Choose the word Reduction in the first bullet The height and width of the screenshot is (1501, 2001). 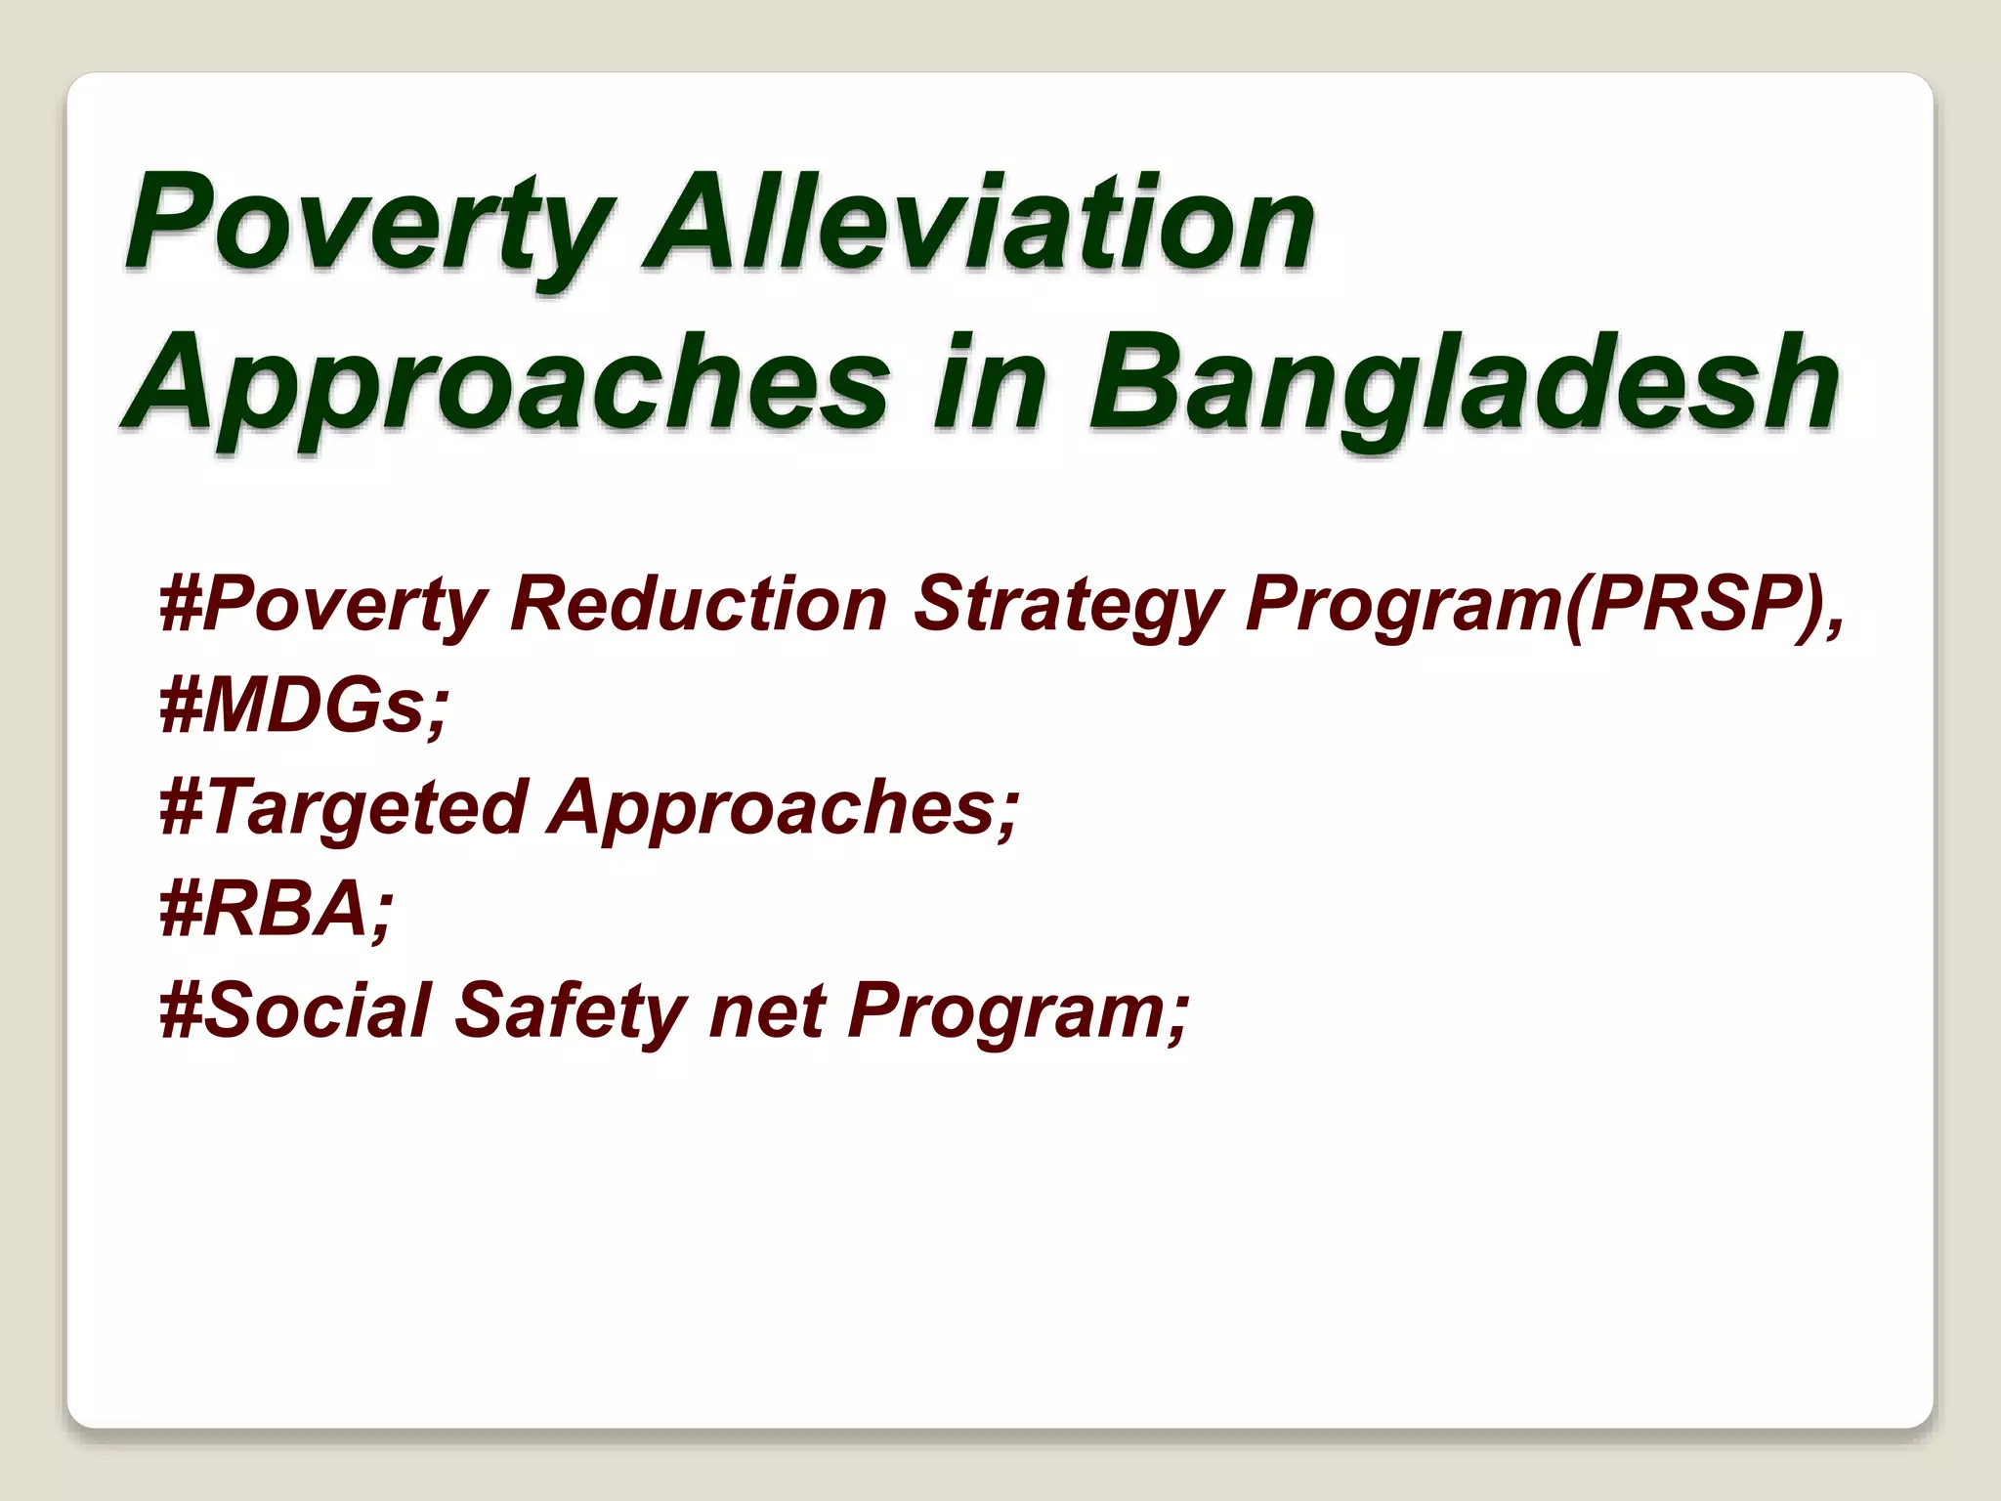click(698, 604)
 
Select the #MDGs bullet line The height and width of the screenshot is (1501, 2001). click(304, 706)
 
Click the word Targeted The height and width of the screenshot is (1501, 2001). click(367, 807)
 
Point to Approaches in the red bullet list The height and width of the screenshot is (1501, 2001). click(782, 807)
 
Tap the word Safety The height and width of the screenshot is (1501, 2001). click(571, 1010)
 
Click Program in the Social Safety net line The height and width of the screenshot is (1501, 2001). click(1006, 1010)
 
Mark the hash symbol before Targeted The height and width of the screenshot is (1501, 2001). click(181, 807)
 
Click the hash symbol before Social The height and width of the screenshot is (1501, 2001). click(181, 1010)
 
